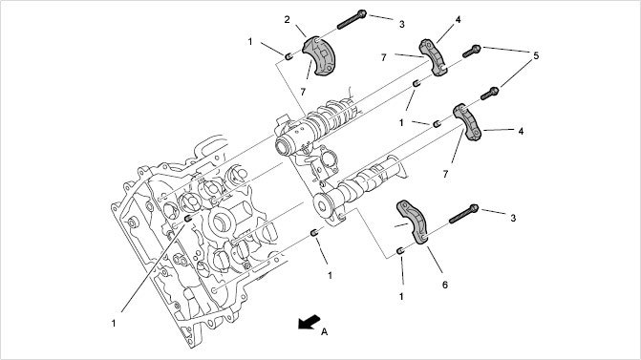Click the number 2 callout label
(287, 20)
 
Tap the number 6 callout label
(445, 285)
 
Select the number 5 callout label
(536, 55)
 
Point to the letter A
(324, 331)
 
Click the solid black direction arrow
(309, 322)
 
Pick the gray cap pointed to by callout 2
(319, 55)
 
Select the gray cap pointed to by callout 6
(413, 222)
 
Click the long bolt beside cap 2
(352, 20)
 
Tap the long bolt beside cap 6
(463, 214)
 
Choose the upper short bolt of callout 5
(471, 51)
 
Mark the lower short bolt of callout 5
(489, 94)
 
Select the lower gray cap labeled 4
(467, 122)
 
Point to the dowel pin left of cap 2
(288, 56)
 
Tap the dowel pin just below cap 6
(400, 250)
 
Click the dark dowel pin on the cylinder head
(188, 219)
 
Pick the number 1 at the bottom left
(114, 323)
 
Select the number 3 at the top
(402, 24)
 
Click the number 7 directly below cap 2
(303, 92)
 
